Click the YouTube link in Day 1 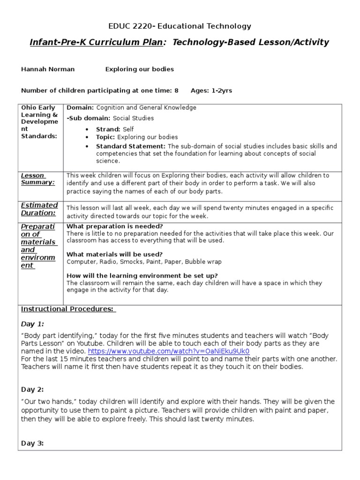tap(168, 351)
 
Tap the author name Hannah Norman tap(48, 69)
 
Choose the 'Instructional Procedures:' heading tap(68, 309)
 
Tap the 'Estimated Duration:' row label tap(39, 209)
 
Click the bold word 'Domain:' tap(81, 108)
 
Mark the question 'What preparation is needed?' tap(115, 226)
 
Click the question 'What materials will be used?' tap(114, 255)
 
